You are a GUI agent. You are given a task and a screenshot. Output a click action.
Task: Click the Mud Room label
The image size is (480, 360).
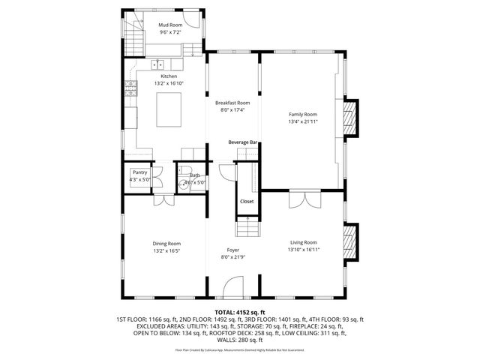pyautogui.click(x=169, y=25)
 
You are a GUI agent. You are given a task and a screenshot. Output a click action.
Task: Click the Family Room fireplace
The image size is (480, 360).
pyautogui.click(x=349, y=118)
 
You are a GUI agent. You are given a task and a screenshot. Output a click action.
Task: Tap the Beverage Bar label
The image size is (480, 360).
pyautogui.click(x=243, y=142)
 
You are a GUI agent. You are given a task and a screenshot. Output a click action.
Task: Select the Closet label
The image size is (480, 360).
pyautogui.click(x=247, y=202)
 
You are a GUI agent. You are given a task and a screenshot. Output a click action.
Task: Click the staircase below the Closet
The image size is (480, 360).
pyautogui.click(x=247, y=226)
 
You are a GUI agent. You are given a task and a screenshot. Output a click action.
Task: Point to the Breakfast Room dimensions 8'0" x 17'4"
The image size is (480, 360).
pyautogui.click(x=232, y=109)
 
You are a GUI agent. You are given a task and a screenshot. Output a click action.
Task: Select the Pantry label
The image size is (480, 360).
pyautogui.click(x=139, y=172)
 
